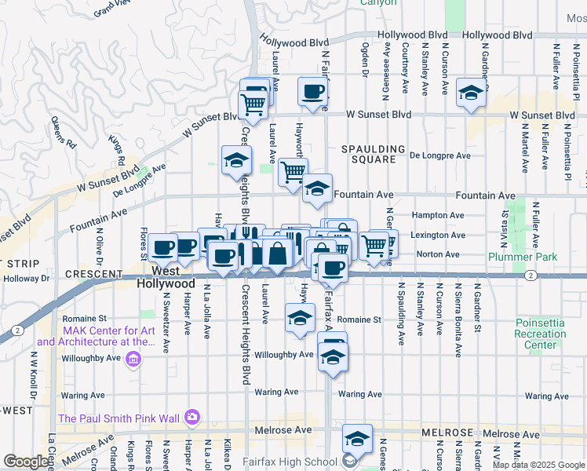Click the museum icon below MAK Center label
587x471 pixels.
133,360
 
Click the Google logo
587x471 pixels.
26,462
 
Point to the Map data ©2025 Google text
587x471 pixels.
538,465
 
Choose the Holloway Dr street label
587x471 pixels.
24,278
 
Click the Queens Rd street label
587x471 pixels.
64,133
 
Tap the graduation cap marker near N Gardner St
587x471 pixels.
471,93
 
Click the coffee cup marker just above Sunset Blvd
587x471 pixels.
312,90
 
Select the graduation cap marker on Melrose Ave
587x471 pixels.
357,440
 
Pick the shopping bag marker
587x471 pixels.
279,253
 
